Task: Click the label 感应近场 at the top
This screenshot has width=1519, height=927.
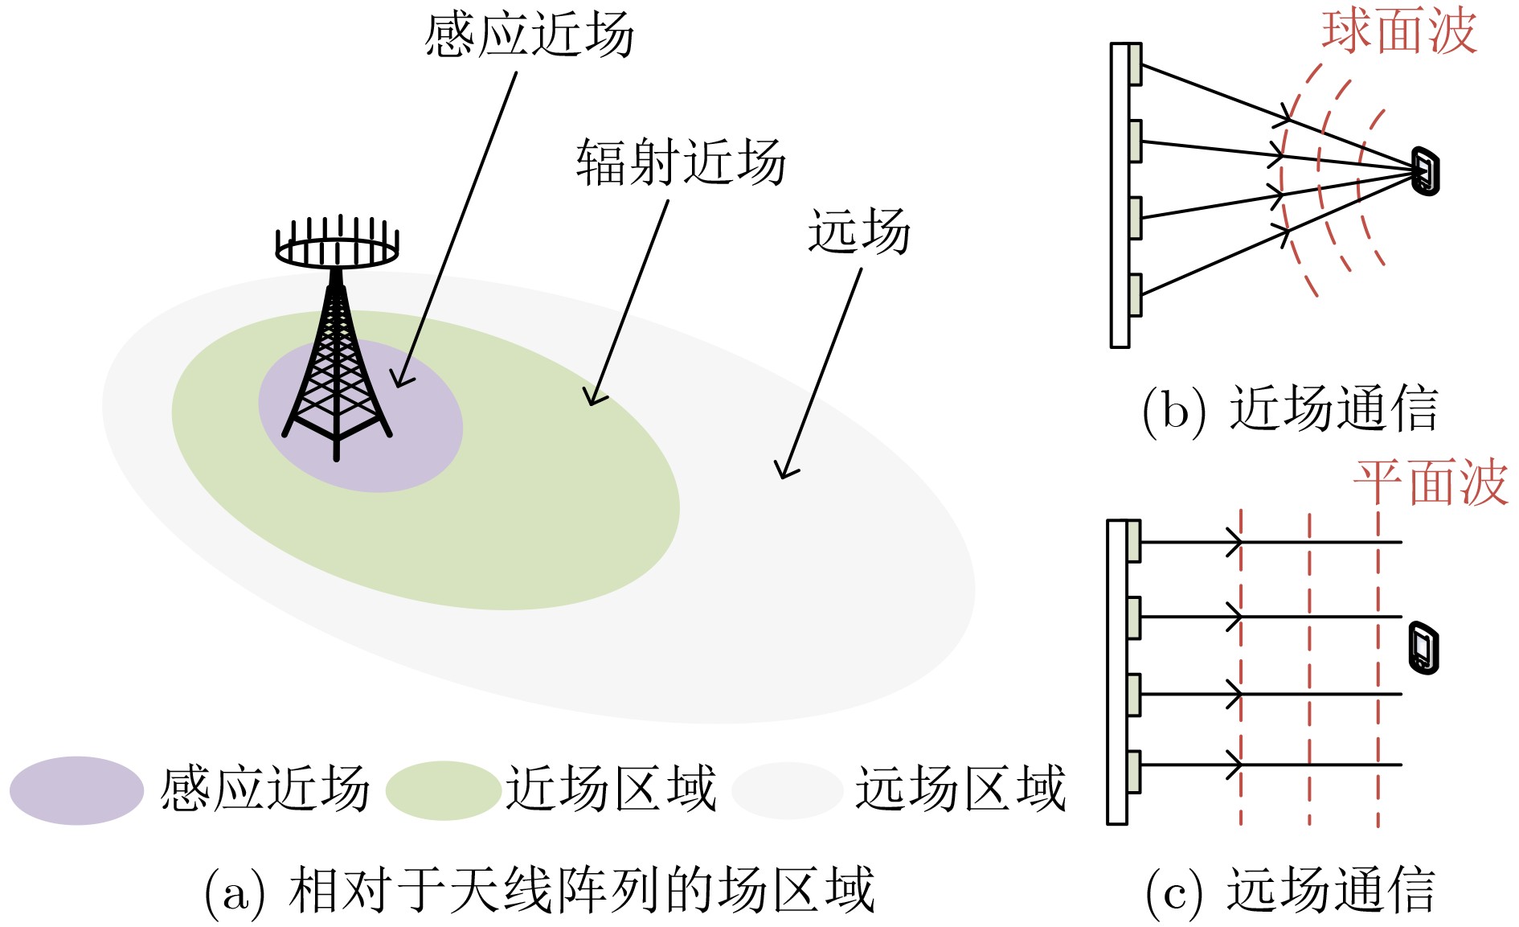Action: pos(529,35)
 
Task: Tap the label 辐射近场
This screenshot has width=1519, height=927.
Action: pos(680,162)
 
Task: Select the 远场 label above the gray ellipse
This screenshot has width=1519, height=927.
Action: pos(858,231)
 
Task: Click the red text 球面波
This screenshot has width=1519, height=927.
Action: pos(1399,32)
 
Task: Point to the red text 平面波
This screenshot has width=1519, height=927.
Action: pos(1431,483)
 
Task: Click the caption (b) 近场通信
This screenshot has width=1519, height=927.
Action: pos(1289,409)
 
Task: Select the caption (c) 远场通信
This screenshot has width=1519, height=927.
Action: pos(1289,890)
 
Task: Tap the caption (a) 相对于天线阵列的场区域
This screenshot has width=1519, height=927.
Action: pos(539,890)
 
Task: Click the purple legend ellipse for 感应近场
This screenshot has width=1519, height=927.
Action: pos(76,790)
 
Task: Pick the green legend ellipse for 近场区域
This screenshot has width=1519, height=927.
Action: pos(443,790)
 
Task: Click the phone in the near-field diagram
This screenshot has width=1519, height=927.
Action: pos(1426,170)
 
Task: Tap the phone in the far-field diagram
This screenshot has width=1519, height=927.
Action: pos(1423,647)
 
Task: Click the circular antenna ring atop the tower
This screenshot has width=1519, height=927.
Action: pos(337,252)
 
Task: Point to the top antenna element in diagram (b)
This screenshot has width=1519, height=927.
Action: pos(1135,64)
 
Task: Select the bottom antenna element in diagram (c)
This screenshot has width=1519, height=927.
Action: pos(1133,772)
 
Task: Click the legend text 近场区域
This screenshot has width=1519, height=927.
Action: pos(611,789)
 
